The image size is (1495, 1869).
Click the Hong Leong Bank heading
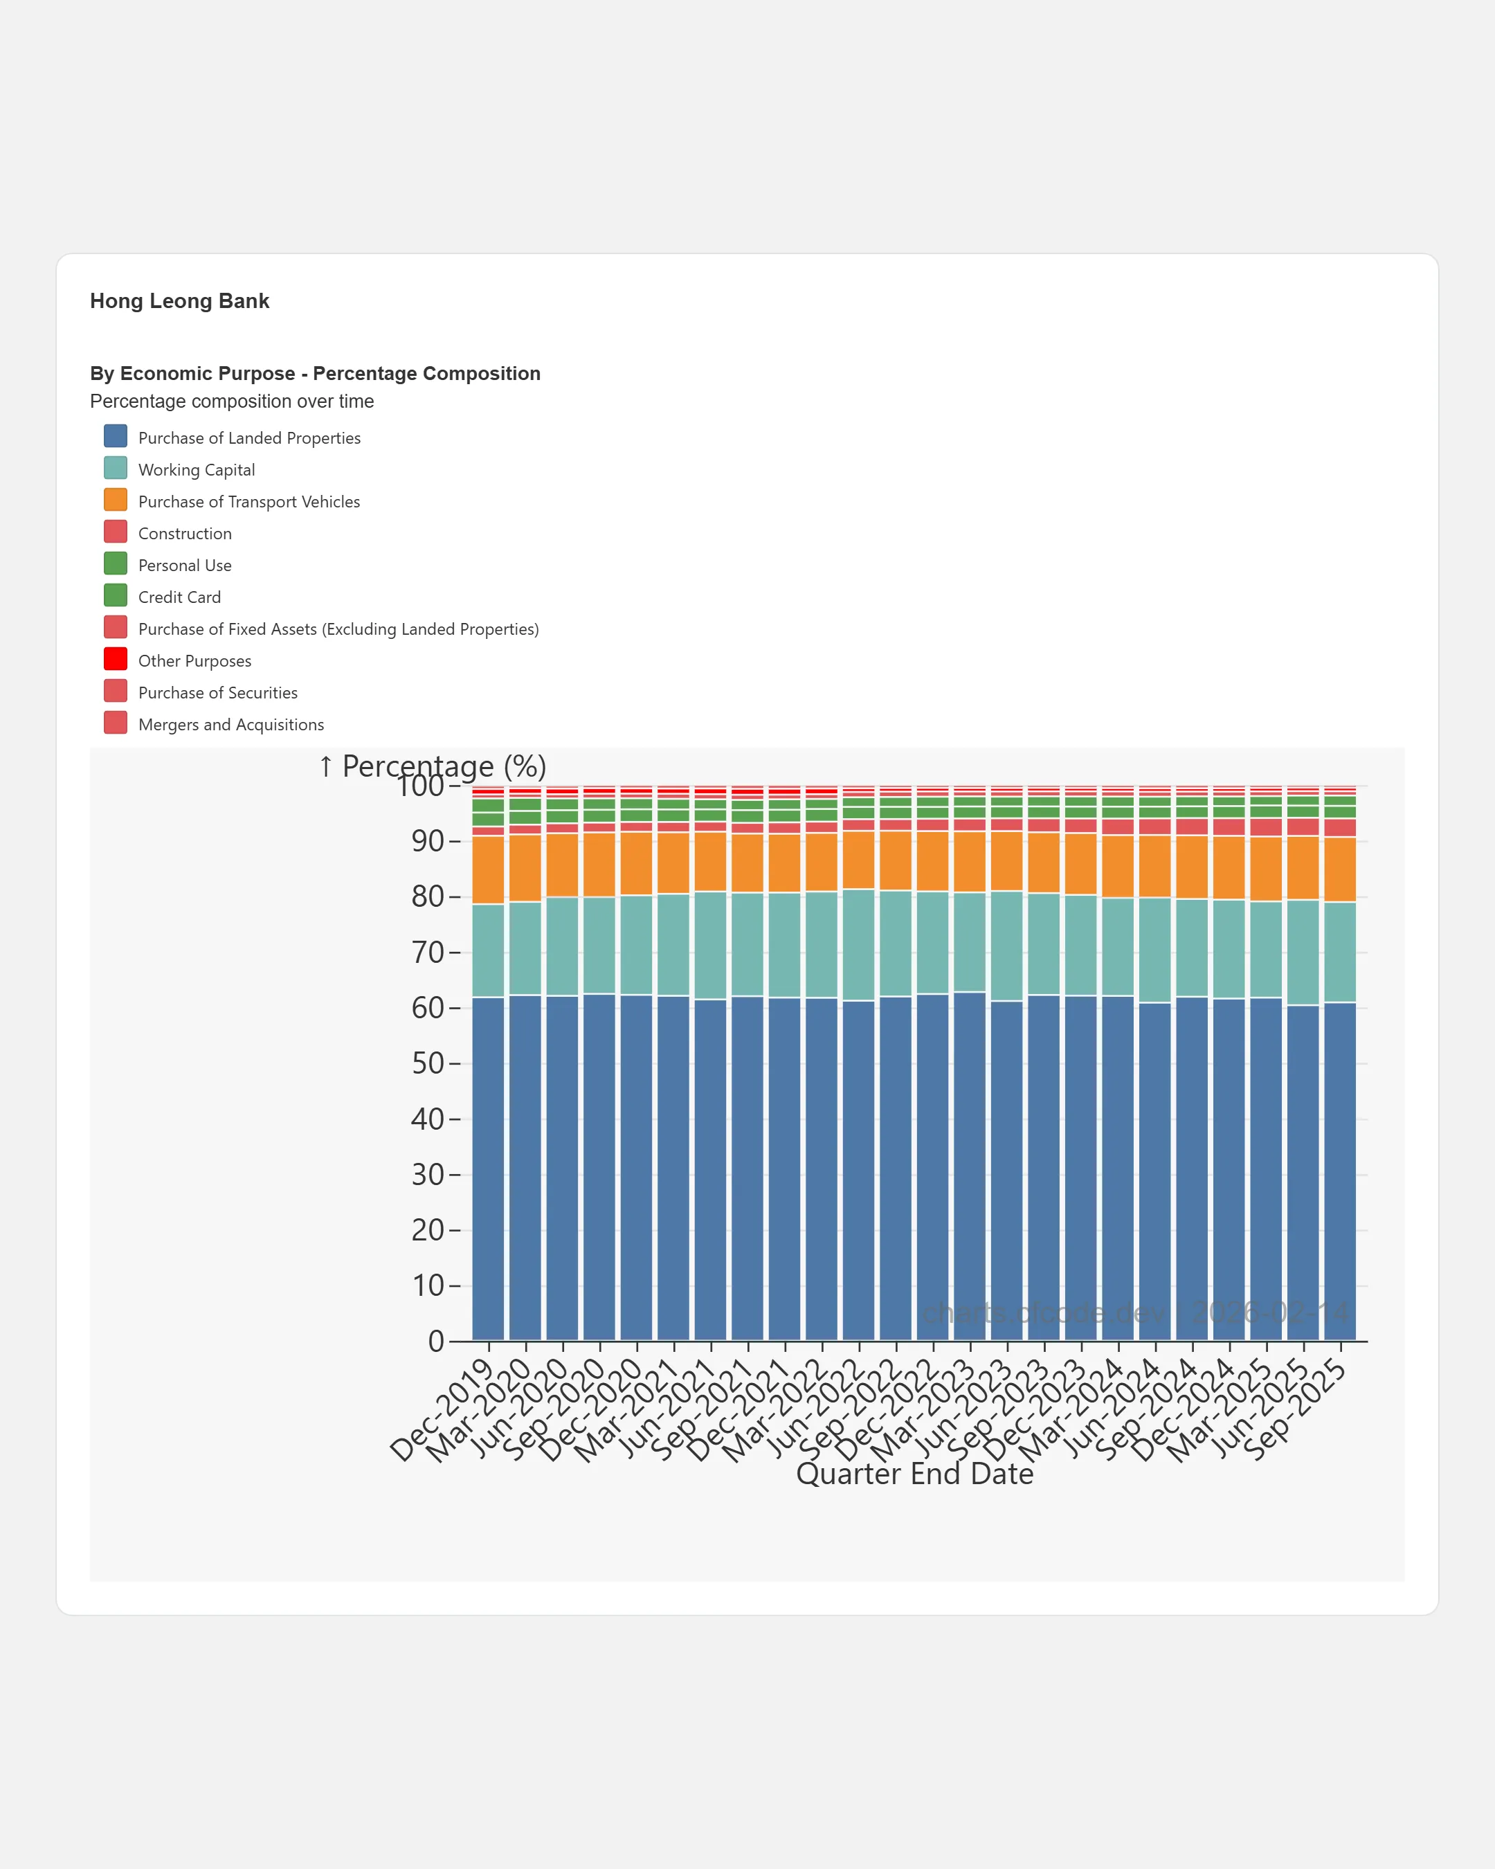coord(179,301)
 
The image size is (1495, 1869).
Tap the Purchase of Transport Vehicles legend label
coord(248,502)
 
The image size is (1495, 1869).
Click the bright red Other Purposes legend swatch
coord(116,659)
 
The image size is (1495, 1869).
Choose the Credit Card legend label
coord(179,597)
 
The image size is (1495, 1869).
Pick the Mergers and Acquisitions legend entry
coord(230,725)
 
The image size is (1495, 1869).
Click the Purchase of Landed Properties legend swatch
coord(116,436)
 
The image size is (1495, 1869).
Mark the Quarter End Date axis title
coord(914,1474)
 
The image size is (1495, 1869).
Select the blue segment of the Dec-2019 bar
coord(488,1171)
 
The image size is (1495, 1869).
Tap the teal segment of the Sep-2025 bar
coord(1340,952)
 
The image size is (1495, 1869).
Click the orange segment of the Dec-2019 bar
coord(488,869)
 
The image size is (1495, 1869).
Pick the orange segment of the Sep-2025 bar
coord(1340,869)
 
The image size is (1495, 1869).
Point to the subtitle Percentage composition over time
coord(231,401)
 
